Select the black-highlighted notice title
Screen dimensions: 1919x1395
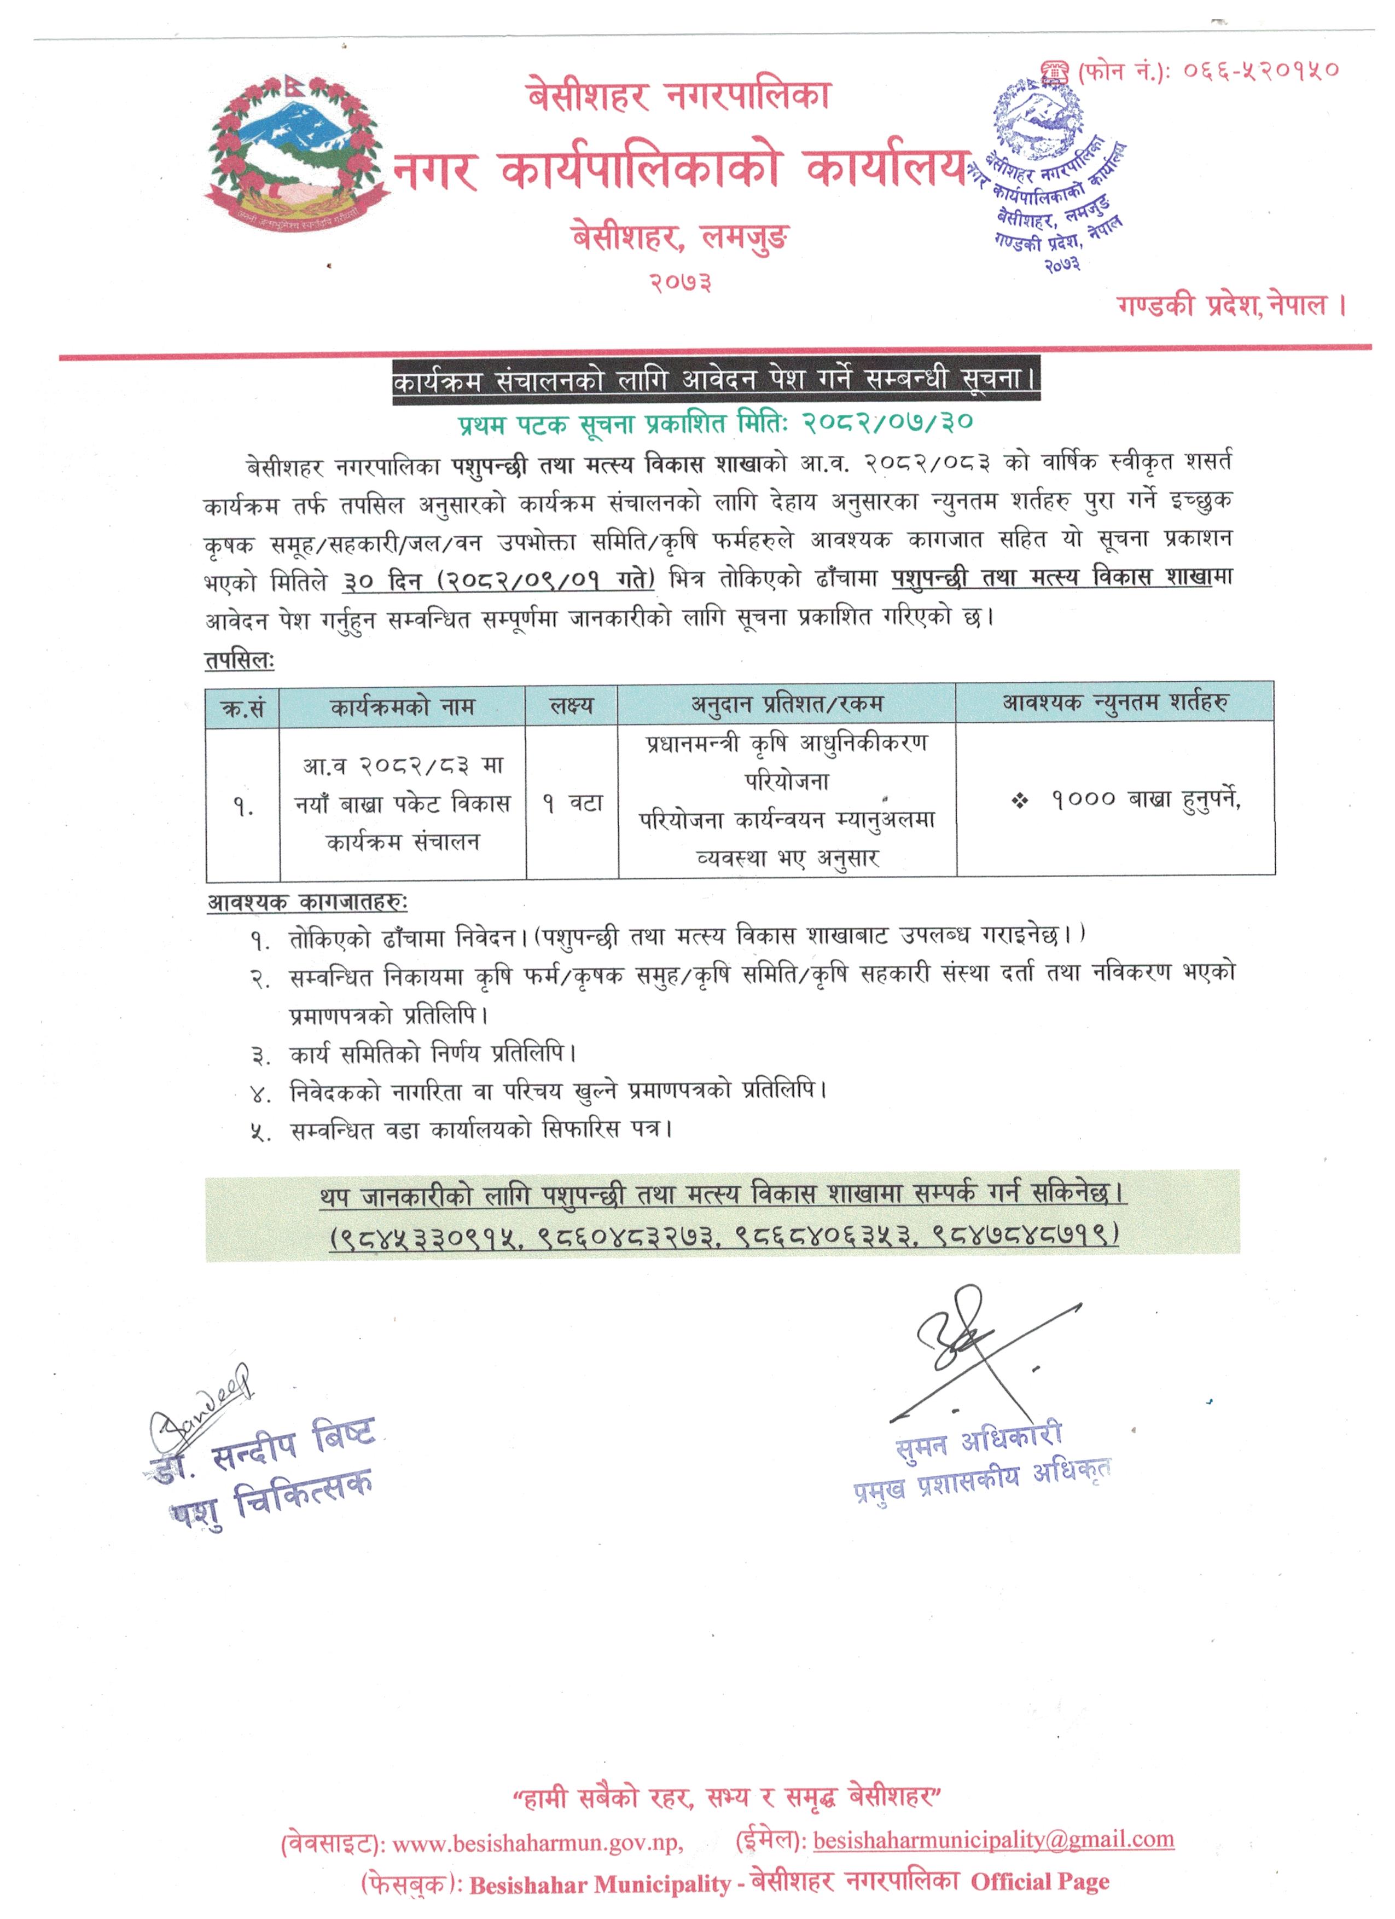tap(715, 381)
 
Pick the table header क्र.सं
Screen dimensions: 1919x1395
tap(243, 708)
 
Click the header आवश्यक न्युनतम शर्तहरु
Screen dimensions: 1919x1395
tap(1115, 702)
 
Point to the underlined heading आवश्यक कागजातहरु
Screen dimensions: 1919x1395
tap(307, 903)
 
